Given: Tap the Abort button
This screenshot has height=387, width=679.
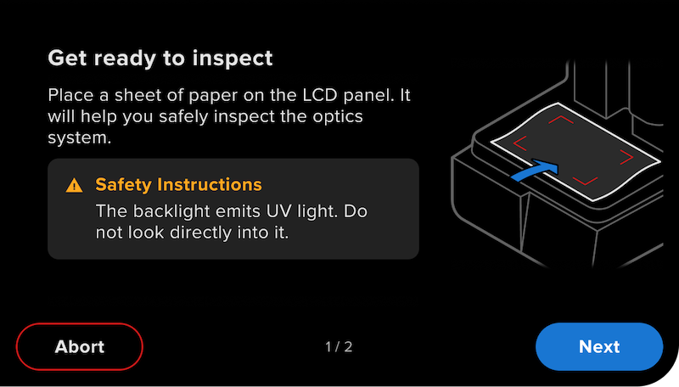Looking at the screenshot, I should (x=80, y=346).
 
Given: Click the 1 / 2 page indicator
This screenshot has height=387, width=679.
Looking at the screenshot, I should (x=339, y=347).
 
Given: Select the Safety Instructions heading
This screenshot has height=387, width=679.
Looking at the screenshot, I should (x=178, y=185).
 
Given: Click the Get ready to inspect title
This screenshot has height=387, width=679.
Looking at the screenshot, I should (x=160, y=59).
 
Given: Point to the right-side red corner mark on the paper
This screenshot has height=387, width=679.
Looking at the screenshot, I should (x=627, y=157).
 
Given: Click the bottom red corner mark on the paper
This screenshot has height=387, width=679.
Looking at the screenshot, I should (x=585, y=181).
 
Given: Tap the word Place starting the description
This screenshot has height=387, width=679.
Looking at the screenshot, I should (x=67, y=94).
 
